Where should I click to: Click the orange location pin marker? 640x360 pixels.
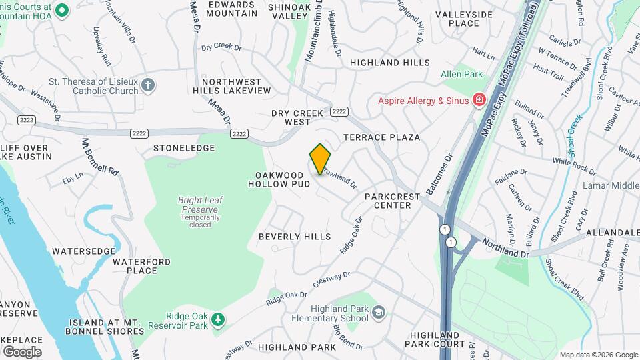(321, 159)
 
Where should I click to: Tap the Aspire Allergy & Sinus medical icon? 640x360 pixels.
(479, 101)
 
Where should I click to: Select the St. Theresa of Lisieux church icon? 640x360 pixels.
(148, 85)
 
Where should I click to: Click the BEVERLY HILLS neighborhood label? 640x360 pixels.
(295, 237)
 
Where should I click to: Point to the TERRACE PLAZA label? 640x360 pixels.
(382, 137)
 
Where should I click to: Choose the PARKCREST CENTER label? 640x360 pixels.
(393, 201)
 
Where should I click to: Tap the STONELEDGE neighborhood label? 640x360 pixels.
(184, 148)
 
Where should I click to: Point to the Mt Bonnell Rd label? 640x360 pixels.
(99, 157)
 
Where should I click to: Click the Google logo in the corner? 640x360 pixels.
(22, 351)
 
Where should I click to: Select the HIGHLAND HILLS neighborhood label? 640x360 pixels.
(390, 63)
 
